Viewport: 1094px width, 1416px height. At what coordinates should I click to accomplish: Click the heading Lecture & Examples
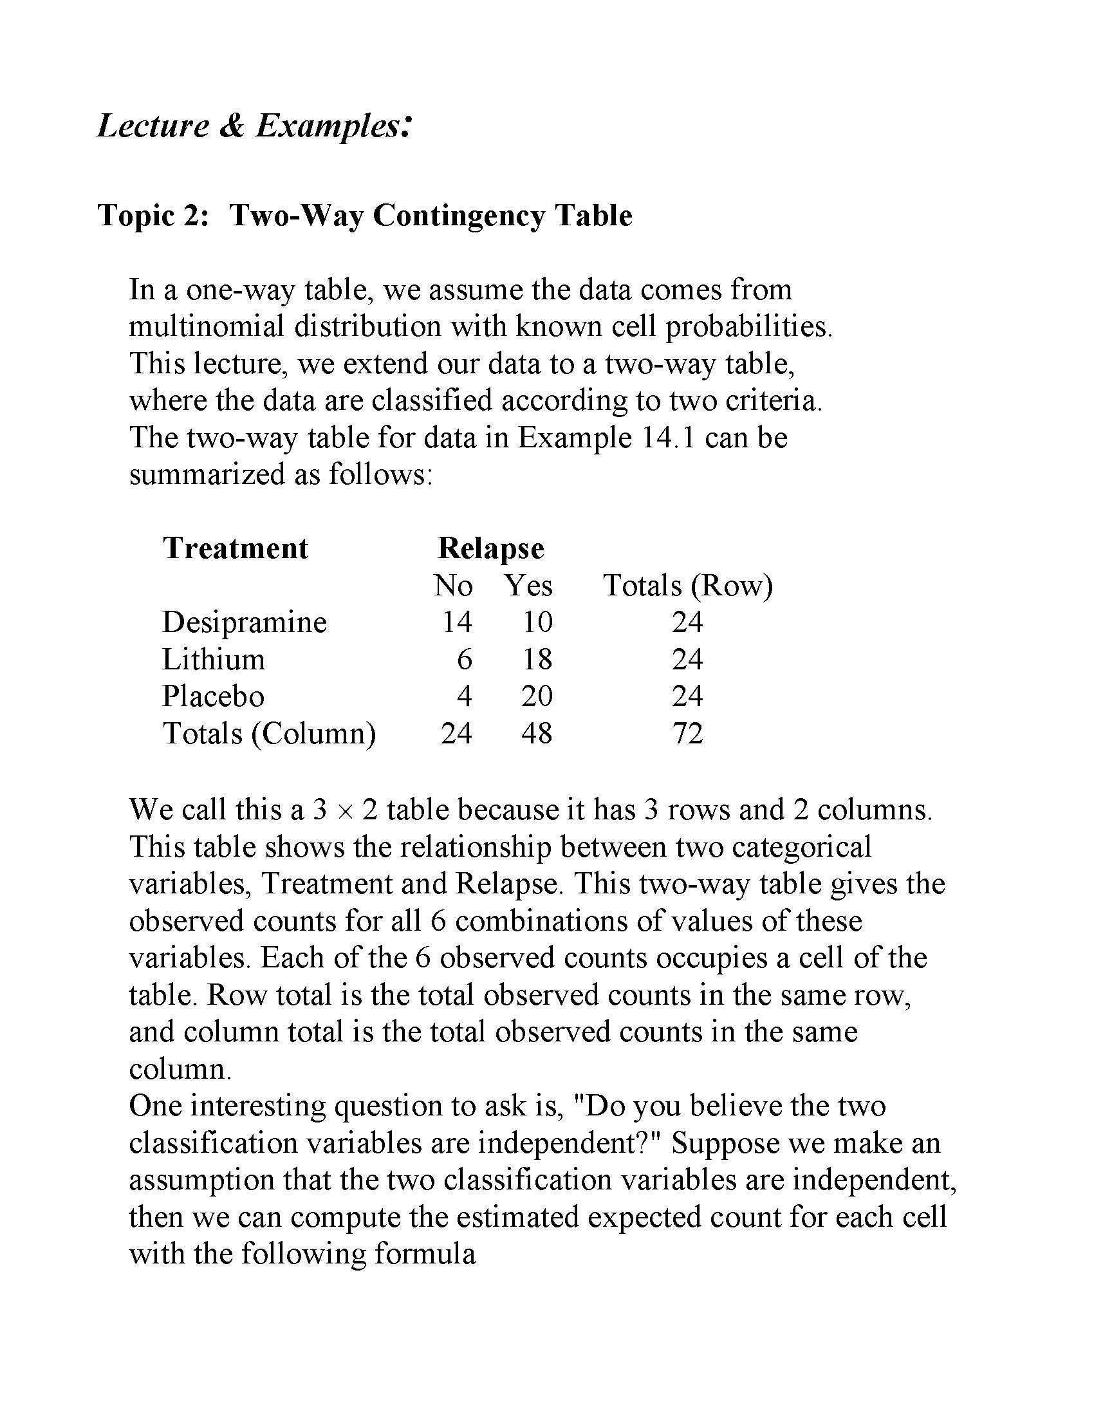pos(254,126)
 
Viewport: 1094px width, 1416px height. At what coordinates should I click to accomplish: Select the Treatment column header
pos(236,548)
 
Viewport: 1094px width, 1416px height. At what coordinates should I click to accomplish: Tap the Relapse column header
pos(490,548)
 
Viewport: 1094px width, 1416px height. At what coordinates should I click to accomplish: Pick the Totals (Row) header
pos(688,586)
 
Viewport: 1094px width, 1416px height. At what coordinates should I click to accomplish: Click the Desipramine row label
pos(245,622)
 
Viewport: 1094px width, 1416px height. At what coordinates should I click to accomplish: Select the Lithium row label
pos(213,659)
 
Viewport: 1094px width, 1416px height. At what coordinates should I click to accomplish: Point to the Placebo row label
pos(213,696)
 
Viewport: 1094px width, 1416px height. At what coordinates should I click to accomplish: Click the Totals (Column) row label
pos(269,734)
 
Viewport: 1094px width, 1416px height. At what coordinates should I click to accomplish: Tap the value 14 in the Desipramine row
pos(457,622)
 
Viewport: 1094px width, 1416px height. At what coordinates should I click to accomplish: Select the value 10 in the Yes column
pos(537,622)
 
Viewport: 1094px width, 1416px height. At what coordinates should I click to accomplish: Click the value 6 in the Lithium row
pos(464,659)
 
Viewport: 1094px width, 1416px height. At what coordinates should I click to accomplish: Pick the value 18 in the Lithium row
pos(537,659)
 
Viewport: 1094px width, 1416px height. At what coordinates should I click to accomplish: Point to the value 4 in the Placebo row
pos(464,696)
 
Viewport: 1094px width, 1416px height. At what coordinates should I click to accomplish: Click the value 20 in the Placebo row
pos(537,696)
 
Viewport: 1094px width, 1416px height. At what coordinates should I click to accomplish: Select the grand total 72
pos(688,734)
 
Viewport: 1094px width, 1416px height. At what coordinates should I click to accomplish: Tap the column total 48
pos(537,734)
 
